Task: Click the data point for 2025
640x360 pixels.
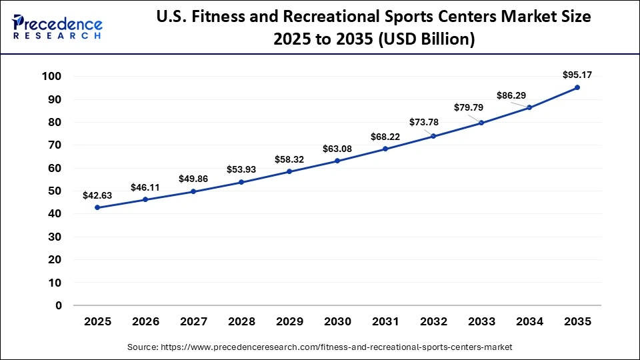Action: click(x=97, y=207)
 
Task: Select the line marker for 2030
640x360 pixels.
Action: click(x=337, y=161)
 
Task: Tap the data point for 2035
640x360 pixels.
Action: click(x=577, y=87)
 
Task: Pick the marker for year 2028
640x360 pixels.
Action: click(x=241, y=182)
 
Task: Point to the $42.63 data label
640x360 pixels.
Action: click(x=97, y=195)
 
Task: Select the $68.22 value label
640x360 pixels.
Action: click(x=385, y=137)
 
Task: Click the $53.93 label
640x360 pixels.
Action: click(x=241, y=169)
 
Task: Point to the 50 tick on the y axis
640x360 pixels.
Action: click(x=55, y=191)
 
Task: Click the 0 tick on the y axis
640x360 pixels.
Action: click(x=59, y=305)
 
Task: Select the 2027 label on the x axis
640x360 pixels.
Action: click(x=193, y=321)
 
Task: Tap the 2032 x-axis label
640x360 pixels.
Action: click(x=433, y=321)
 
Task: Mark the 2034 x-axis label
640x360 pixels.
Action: click(x=529, y=321)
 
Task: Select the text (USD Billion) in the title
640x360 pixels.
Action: click(x=427, y=39)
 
